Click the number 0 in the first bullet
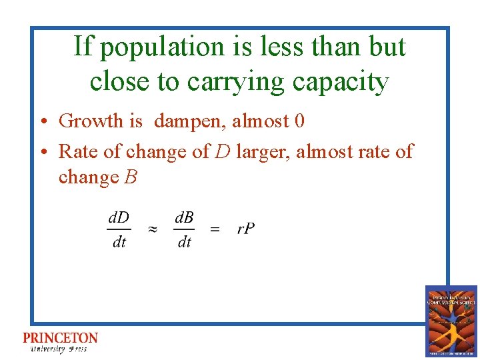coord(299,121)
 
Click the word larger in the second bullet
coord(263,152)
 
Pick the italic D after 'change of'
coord(223,151)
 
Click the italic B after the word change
coord(131,177)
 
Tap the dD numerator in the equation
coord(119,217)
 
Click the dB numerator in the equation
coord(184,217)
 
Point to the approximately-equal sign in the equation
coord(152,229)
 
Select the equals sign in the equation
coord(215,229)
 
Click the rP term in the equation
coord(245,229)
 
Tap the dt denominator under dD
coord(119,243)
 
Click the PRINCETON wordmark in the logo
coord(60,339)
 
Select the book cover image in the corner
coord(451,321)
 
